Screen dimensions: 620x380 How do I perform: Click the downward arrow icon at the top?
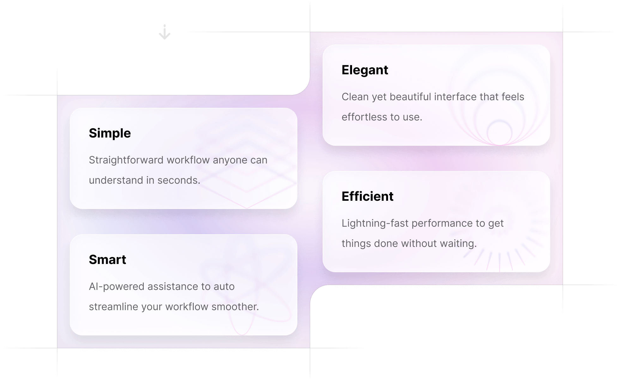[165, 32]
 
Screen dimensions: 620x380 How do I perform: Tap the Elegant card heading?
[365, 70]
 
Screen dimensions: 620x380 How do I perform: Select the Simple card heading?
[110, 133]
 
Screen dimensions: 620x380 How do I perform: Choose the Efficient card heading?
[368, 196]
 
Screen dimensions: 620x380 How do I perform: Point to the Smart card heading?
[107, 260]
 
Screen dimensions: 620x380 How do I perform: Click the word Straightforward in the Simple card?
[126, 160]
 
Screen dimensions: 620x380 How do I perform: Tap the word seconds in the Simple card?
[179, 180]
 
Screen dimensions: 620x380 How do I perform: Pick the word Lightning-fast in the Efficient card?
[375, 223]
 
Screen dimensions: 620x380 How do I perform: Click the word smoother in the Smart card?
[235, 307]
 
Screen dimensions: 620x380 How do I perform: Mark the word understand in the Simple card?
[116, 180]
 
